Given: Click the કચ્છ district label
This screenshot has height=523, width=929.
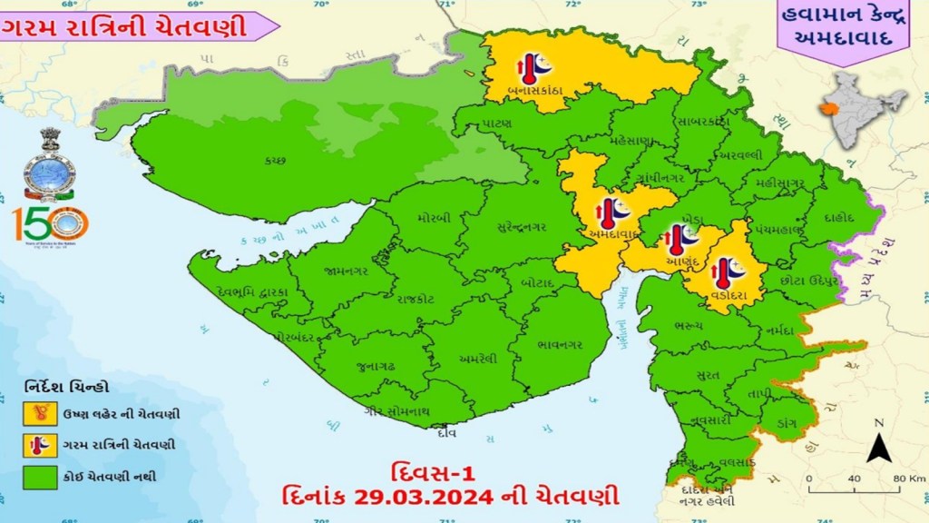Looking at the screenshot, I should pos(276,160).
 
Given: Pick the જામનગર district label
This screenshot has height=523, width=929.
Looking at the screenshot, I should pos(345,270).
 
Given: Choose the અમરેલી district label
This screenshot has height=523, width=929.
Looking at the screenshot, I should pos(477,358).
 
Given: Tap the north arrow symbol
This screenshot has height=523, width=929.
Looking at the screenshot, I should pos(875,445).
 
